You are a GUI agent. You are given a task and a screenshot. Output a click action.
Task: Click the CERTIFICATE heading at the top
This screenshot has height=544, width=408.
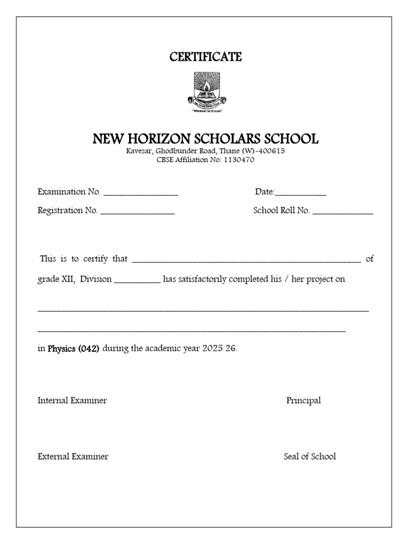coord(206,57)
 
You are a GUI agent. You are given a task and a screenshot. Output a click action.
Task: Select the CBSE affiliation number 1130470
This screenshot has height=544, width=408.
coord(240,160)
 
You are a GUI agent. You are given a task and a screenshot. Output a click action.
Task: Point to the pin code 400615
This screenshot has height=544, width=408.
coord(271,151)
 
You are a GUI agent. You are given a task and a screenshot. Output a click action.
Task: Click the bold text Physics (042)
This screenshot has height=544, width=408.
coord(73,349)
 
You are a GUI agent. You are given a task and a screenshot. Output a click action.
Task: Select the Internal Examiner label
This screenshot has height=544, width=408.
coord(72,401)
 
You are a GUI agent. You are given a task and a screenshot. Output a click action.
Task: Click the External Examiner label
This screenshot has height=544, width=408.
coord(73,456)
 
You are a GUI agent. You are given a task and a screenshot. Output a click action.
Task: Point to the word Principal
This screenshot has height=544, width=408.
coord(303,401)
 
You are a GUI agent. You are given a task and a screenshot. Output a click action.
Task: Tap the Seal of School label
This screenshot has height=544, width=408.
coord(310,456)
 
